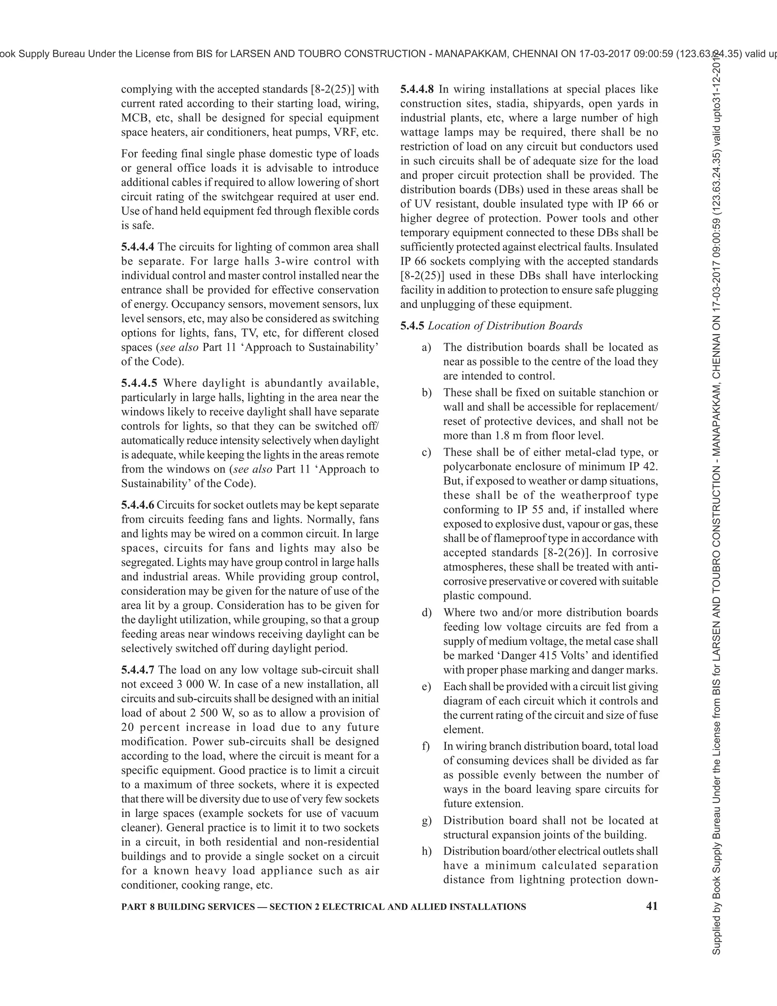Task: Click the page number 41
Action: click(x=652, y=906)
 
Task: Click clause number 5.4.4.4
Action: click(x=138, y=247)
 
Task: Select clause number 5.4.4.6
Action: click(x=138, y=505)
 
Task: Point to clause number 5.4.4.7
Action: click(x=138, y=670)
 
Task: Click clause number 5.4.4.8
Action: click(x=417, y=89)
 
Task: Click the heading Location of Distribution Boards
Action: click(x=505, y=326)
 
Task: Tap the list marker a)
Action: click(x=426, y=347)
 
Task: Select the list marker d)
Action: click(x=426, y=613)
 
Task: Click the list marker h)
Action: click(x=426, y=851)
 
